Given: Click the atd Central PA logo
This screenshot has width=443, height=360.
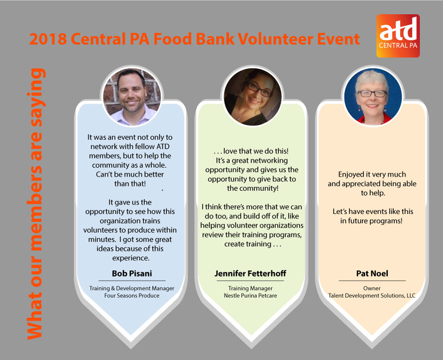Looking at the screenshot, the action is click(x=398, y=36).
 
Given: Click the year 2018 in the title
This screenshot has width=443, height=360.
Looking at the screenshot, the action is click(x=48, y=39).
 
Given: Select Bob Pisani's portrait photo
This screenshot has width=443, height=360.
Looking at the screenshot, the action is click(x=132, y=96).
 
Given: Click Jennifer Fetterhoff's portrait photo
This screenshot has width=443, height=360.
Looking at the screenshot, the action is click(x=253, y=96).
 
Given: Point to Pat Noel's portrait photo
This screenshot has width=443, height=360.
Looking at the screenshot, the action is click(x=373, y=96).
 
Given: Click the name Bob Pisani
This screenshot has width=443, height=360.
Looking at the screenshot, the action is click(x=132, y=273).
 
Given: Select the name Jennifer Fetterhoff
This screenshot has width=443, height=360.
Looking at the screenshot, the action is click(x=251, y=273).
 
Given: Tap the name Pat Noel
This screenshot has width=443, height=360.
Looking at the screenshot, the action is click(x=372, y=273).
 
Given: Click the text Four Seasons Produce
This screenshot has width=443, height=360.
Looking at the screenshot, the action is click(x=132, y=296).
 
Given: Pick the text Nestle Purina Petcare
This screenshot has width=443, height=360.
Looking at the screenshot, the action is click(x=251, y=296).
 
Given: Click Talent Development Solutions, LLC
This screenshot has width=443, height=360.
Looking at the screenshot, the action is click(x=372, y=296).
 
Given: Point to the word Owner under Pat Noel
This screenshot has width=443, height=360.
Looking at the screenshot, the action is click(x=372, y=288).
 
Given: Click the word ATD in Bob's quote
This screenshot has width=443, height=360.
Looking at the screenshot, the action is click(x=163, y=147).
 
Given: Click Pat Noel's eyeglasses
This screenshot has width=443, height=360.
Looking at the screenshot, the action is click(x=372, y=93).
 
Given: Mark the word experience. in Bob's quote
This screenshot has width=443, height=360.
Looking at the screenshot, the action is click(x=131, y=258).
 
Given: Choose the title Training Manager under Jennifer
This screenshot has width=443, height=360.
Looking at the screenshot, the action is click(x=251, y=288).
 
